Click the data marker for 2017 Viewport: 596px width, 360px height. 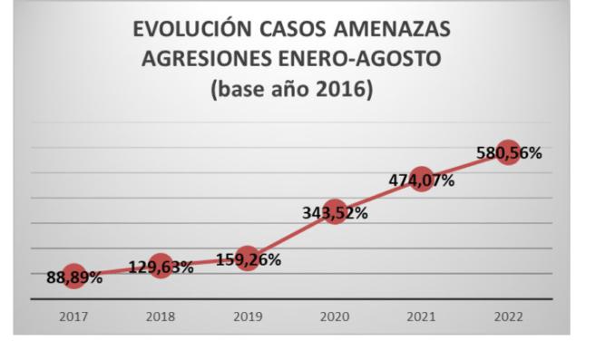(x=73, y=277)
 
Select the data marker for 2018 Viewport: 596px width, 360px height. (x=161, y=266)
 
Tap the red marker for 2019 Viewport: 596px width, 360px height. (x=248, y=258)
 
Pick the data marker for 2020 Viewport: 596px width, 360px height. (x=335, y=212)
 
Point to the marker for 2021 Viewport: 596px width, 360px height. (x=421, y=178)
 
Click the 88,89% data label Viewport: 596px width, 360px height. (x=74, y=278)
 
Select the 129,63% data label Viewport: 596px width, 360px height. (x=161, y=268)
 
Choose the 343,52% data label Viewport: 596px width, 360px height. (x=335, y=214)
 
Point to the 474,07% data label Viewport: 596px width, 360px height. (x=422, y=180)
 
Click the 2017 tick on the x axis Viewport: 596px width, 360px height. (x=73, y=318)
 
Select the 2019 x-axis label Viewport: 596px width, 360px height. (x=248, y=318)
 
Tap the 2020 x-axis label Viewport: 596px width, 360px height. (x=335, y=318)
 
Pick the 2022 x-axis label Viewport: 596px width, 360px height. (x=508, y=318)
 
